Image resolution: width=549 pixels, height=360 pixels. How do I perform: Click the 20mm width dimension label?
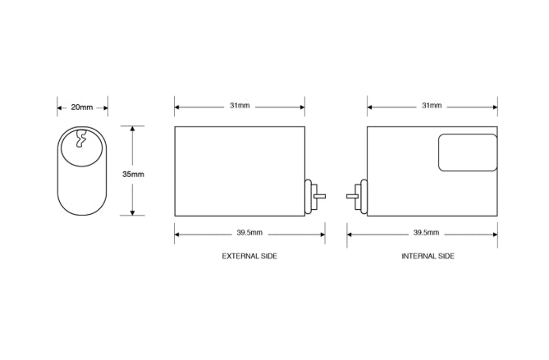[82, 107]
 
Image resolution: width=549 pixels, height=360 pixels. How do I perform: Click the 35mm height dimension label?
[133, 175]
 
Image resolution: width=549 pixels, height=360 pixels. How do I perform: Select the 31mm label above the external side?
[240, 106]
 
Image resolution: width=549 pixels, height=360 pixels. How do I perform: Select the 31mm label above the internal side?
[432, 106]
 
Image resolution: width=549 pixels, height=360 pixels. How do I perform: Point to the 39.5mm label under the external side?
[250, 234]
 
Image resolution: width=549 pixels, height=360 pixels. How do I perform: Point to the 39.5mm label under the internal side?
[426, 234]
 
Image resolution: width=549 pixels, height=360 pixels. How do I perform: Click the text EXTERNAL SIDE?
[249, 257]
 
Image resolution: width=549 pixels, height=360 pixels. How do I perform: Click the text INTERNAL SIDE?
[428, 257]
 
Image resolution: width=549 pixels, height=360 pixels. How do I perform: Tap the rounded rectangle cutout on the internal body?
[467, 153]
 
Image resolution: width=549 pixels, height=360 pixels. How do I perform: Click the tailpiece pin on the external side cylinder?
[321, 195]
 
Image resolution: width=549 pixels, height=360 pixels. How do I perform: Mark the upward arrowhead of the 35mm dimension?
[133, 129]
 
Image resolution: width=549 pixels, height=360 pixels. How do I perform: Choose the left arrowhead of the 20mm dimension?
[60, 107]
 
